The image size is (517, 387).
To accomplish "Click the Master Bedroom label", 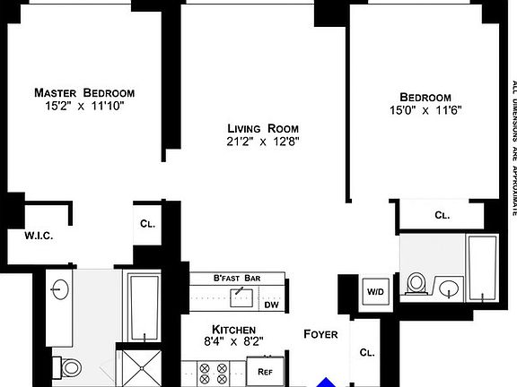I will (x=84, y=92).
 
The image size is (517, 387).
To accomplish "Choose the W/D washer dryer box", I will (x=374, y=291).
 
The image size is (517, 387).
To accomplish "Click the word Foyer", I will (x=320, y=334).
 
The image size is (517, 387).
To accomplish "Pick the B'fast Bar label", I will (x=236, y=279).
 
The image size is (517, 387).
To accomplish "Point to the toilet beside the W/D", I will (x=415, y=283).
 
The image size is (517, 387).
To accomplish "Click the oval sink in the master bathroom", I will (x=60, y=289).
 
